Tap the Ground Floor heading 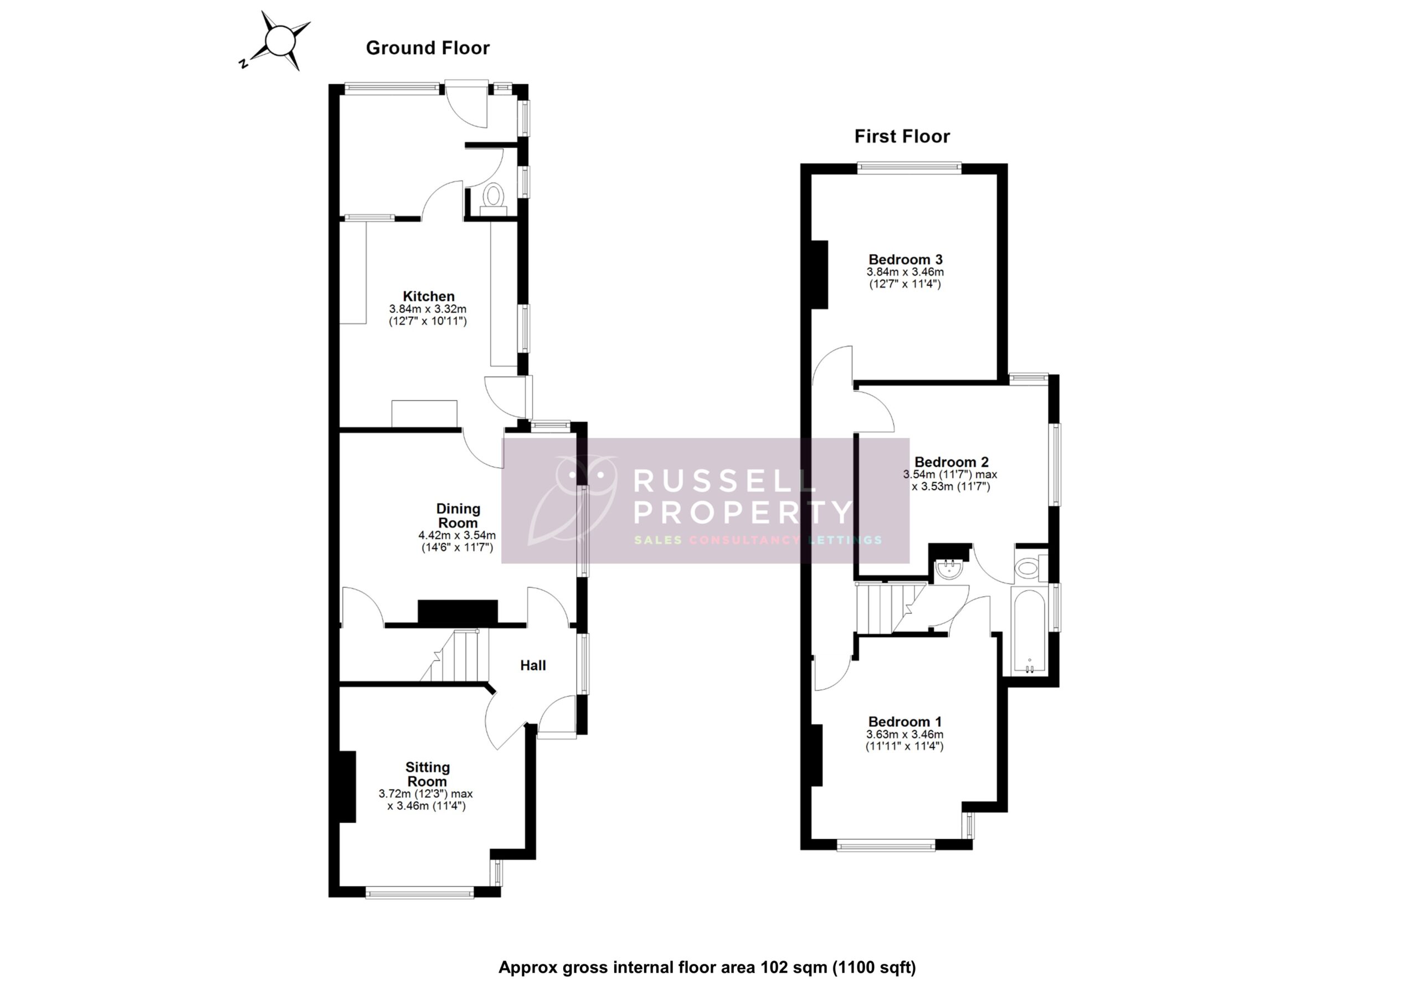click(428, 48)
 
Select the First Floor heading click(902, 136)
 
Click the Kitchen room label click(428, 296)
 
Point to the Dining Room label click(458, 515)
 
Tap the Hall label click(532, 665)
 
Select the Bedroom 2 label click(951, 462)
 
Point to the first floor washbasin click(946, 569)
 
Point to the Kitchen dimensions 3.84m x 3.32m click(428, 309)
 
